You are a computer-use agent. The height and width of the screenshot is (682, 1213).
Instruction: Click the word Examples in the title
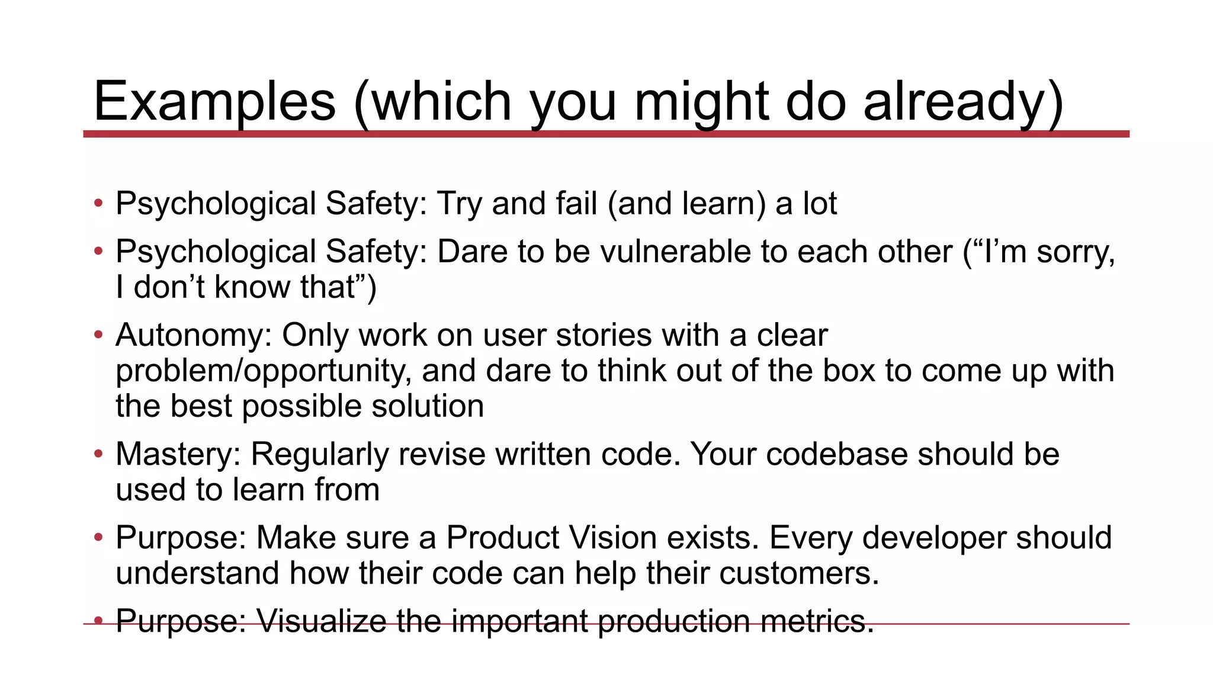pos(214,102)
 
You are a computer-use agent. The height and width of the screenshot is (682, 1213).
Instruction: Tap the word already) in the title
pos(963,102)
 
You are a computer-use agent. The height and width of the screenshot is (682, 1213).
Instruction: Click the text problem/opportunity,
pos(264,371)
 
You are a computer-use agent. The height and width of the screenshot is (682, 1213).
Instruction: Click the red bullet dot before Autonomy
pos(98,335)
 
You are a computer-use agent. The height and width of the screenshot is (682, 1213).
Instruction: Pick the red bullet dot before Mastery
pos(98,454)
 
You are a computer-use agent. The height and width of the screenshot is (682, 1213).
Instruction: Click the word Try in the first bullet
pos(459,204)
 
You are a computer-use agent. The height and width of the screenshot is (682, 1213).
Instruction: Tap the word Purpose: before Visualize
pos(181,621)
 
